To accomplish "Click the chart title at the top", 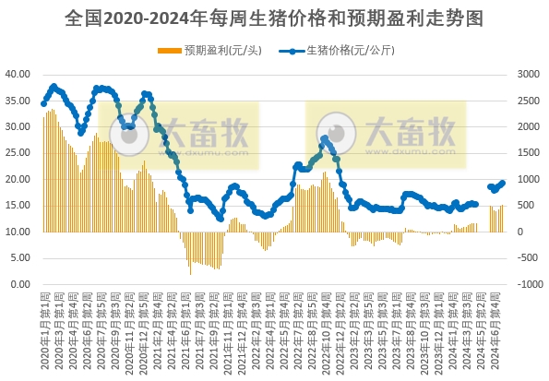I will (274, 18).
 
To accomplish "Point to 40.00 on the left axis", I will (18, 74).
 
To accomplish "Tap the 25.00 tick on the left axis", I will (18, 153).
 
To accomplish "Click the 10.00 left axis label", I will (18, 232).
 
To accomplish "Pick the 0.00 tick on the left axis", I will (20, 284).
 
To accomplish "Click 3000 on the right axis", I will (527, 74).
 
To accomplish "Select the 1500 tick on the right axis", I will (527, 153).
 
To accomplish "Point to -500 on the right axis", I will (529, 258).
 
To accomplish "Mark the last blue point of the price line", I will (503, 183).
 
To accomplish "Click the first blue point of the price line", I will (43, 103).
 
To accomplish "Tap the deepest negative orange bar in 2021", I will (191, 273).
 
